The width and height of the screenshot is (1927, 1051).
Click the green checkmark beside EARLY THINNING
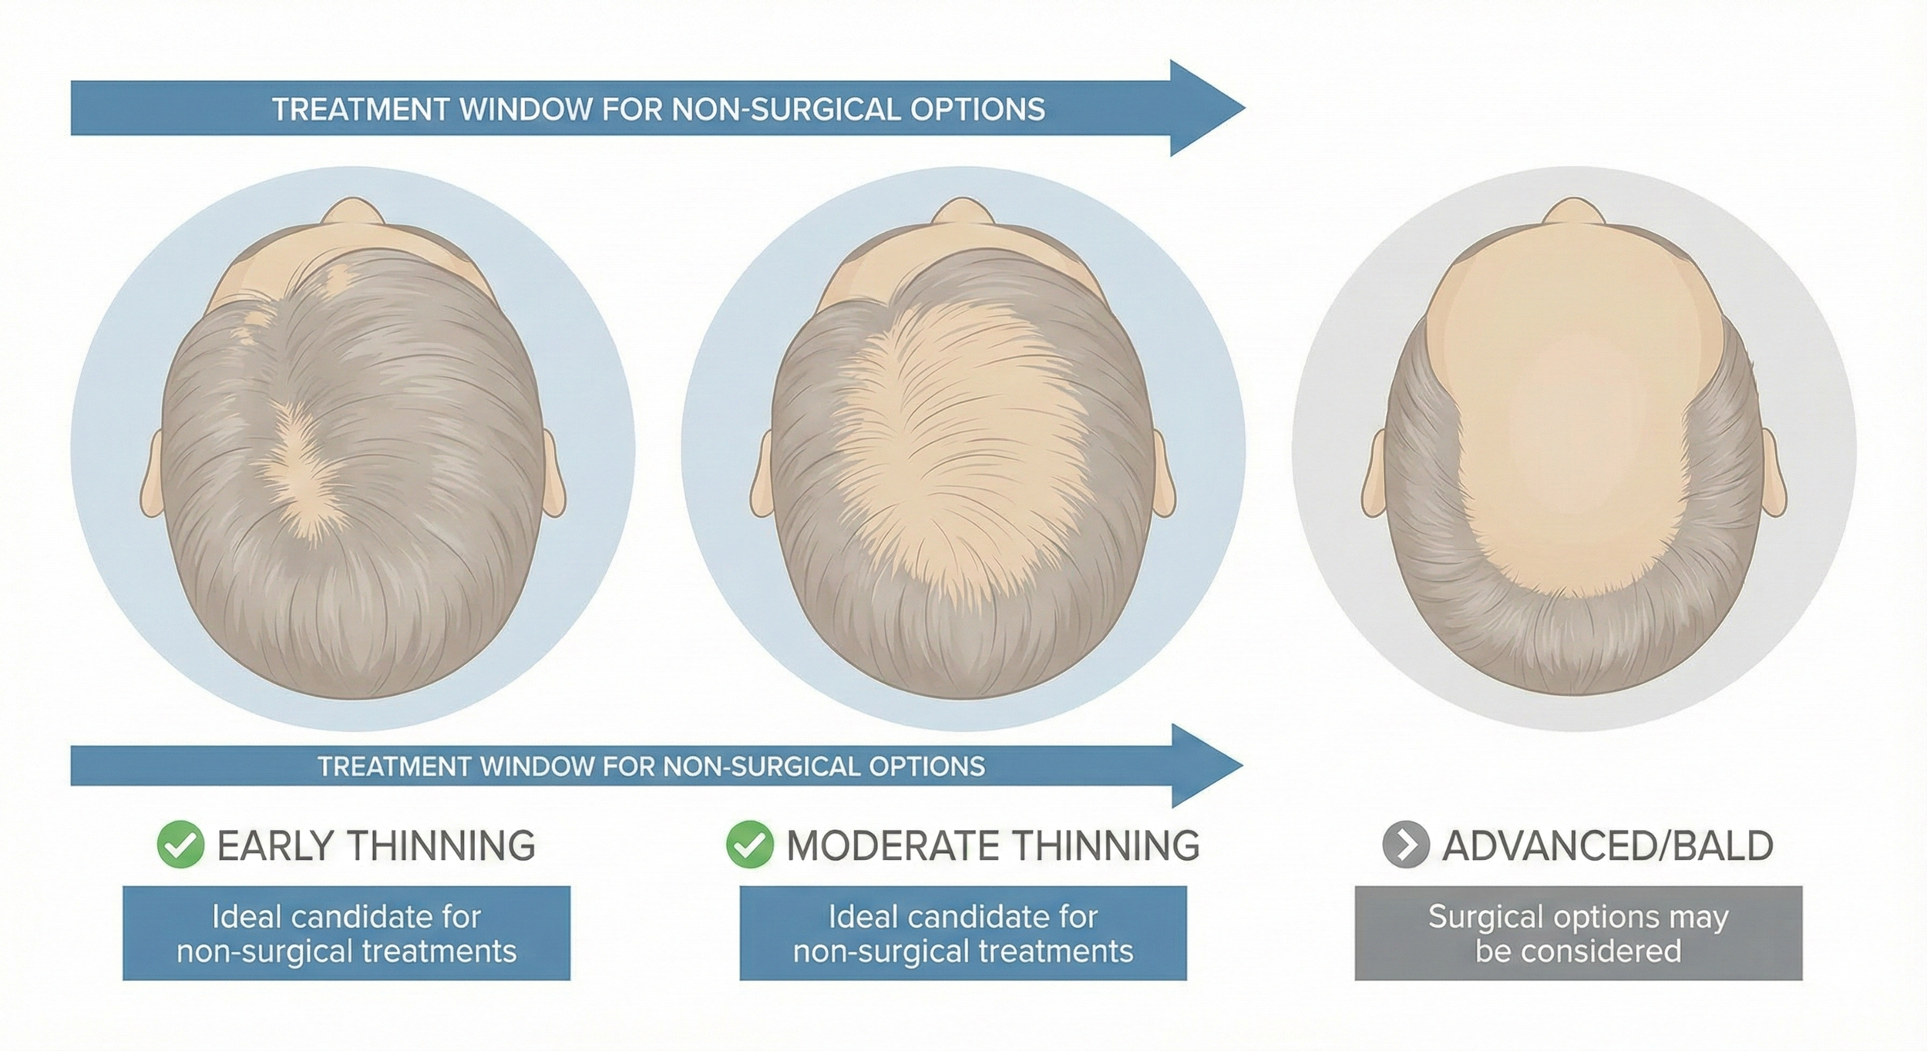180,844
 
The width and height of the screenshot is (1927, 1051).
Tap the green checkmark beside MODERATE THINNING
749,844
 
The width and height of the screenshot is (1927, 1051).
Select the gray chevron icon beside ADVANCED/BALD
1406,845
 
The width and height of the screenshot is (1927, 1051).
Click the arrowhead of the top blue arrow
1202,109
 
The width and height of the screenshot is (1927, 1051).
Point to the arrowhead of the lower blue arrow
1202,766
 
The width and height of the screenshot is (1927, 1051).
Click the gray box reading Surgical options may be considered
1578,933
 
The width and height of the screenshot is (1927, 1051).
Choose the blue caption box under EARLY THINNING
346,933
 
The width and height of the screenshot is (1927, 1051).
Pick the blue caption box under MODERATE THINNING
963,933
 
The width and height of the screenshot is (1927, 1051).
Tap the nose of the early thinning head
352,211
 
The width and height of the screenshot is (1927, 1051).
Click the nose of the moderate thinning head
963,211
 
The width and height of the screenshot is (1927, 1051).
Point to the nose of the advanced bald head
1573,211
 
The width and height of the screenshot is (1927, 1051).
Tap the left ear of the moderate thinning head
762,474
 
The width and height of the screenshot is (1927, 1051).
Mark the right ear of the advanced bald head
1774,474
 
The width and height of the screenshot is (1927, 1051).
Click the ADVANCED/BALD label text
1608,845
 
